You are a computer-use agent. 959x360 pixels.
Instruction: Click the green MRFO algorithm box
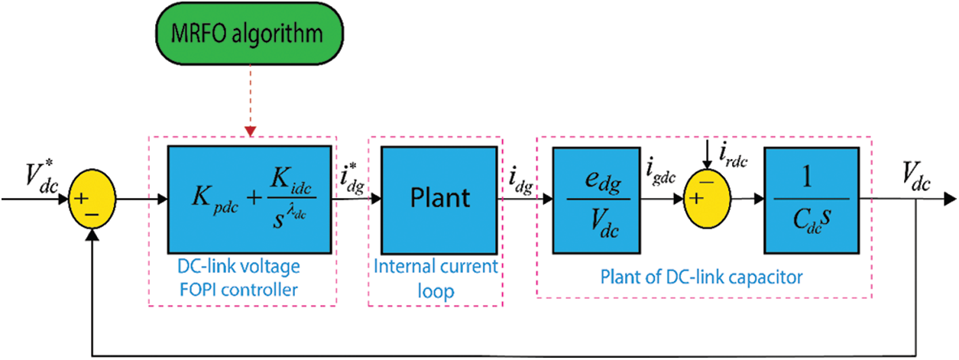pos(249,34)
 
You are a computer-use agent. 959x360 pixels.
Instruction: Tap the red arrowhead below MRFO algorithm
pos(250,131)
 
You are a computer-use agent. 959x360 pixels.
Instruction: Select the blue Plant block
pos(439,200)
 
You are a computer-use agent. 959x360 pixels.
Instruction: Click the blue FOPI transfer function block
pos(250,200)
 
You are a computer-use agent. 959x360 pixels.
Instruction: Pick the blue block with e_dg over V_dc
pos(596,200)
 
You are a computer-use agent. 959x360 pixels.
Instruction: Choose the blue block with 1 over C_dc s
pos(812,200)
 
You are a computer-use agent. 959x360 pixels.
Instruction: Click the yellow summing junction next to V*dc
pos(92,199)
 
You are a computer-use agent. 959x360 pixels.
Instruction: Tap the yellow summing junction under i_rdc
pos(707,199)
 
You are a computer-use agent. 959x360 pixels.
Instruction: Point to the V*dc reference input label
pos(41,177)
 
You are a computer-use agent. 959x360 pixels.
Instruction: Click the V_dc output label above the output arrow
pos(915,177)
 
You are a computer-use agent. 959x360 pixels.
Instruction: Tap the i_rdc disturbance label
pos(734,156)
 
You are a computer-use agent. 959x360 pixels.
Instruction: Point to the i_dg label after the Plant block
pos(521,182)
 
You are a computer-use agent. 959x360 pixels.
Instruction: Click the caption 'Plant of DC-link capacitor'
pos(701,277)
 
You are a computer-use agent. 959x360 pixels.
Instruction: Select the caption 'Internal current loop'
pos(436,278)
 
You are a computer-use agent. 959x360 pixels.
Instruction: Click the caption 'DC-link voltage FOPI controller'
pos(239,277)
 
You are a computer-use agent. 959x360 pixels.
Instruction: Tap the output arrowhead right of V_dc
pos(950,199)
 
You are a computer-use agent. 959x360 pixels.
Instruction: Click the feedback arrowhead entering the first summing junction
pos(92,235)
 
